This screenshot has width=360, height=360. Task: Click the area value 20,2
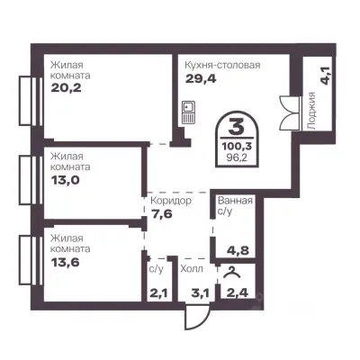[66, 87]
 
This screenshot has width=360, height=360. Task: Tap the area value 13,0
[65, 180]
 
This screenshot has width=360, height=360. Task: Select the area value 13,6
[65, 262]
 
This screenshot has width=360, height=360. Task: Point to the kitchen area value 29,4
[201, 78]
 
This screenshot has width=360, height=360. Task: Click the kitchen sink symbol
[189, 112]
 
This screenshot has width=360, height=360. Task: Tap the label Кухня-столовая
[222, 65]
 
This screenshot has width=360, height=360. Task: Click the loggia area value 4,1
[326, 76]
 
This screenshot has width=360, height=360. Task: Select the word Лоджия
[312, 111]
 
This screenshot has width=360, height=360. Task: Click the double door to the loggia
[290, 112]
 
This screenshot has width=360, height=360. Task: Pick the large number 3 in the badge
[237, 126]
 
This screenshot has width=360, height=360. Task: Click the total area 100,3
[237, 147]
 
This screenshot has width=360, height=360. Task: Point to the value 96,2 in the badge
[237, 157]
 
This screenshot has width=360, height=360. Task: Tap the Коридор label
[171, 201]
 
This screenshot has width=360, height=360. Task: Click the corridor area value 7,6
[161, 214]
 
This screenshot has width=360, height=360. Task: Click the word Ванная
[235, 201]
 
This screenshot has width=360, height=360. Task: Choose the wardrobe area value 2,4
[238, 292]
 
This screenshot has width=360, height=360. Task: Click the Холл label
[192, 268]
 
